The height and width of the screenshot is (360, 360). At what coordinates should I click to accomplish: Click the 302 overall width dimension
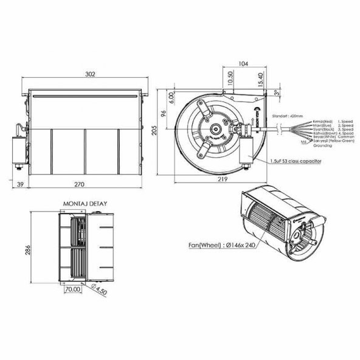click(89, 74)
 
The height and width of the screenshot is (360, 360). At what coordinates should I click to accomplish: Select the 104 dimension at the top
click(244, 63)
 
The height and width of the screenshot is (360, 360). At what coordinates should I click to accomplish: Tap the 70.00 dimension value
click(74, 290)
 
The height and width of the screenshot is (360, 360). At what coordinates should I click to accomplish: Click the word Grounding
click(322, 146)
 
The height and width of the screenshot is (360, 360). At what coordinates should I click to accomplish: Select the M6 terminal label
click(303, 141)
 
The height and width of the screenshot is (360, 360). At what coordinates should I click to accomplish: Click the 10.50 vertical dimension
click(229, 79)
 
